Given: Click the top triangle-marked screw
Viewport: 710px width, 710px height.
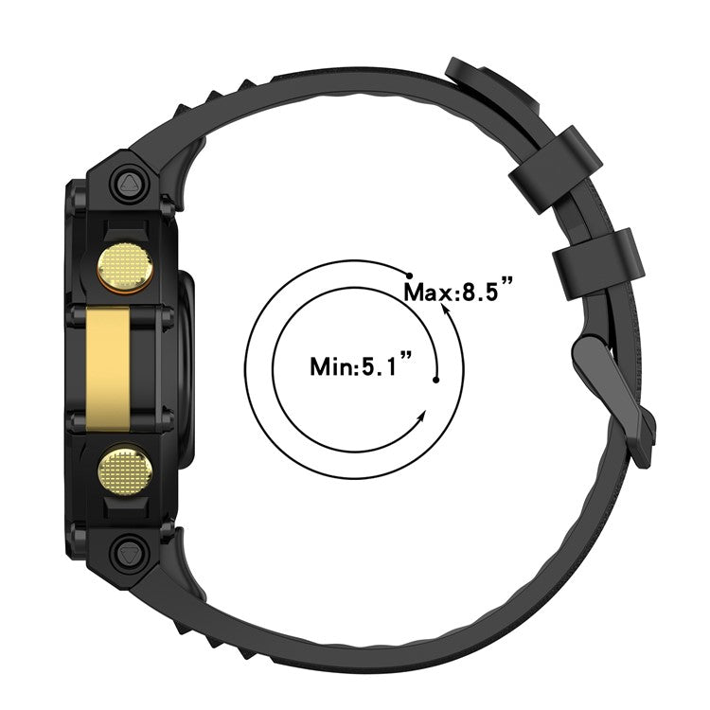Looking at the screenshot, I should pos(128,183).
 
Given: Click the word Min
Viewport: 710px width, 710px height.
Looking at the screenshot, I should pos(331,366).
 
